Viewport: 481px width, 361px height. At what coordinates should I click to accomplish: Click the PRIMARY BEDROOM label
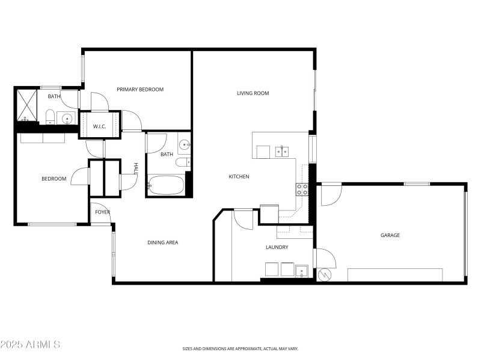pyautogui.click(x=140, y=90)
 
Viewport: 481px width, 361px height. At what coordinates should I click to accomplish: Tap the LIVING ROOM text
pyautogui.click(x=253, y=93)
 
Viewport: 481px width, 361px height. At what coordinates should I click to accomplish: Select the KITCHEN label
pyautogui.click(x=239, y=176)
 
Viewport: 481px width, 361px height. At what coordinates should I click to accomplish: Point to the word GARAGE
pyautogui.click(x=390, y=235)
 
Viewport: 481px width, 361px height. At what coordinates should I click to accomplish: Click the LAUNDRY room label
pyautogui.click(x=277, y=247)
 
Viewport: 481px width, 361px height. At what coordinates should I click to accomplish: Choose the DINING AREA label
pyautogui.click(x=163, y=242)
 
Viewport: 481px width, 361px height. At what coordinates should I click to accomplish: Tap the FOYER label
pyautogui.click(x=102, y=212)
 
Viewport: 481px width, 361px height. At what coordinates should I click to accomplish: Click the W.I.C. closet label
pyautogui.click(x=99, y=126)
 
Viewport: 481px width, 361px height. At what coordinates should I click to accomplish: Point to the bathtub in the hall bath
pyautogui.click(x=165, y=185)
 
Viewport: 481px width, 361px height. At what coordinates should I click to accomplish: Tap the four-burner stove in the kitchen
pyautogui.click(x=302, y=190)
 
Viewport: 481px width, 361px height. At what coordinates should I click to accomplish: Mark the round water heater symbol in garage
pyautogui.click(x=326, y=275)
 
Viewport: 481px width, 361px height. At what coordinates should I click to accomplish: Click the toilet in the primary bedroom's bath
pyautogui.click(x=51, y=116)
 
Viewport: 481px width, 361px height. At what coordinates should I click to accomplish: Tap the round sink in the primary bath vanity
pyautogui.click(x=66, y=118)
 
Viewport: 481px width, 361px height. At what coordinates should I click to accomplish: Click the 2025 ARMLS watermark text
pyautogui.click(x=30, y=345)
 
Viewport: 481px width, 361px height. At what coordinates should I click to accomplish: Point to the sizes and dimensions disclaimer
pyautogui.click(x=240, y=348)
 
